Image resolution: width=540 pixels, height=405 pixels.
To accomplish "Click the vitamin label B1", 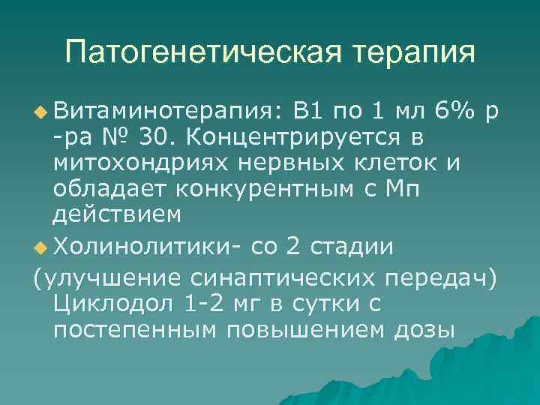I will (x=308, y=113).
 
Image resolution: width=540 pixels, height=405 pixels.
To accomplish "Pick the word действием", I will (x=116, y=215).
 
